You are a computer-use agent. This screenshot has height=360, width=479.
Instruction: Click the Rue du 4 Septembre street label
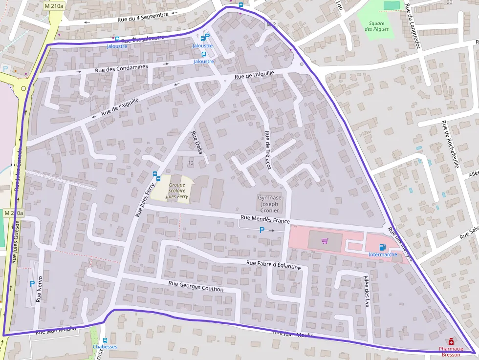[143, 17]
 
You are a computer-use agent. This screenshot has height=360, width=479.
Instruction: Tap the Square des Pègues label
[377, 26]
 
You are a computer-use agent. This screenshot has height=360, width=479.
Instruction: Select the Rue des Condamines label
[121, 68]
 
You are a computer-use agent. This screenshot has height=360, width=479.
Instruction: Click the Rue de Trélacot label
[267, 150]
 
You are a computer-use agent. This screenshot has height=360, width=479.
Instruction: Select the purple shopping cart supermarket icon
[325, 241]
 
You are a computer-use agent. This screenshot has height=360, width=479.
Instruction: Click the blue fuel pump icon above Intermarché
[382, 247]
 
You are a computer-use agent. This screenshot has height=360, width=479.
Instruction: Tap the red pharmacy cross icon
[450, 342]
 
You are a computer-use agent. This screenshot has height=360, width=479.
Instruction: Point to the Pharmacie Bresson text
[451, 352]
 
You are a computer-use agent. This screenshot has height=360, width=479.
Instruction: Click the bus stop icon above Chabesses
[105, 340]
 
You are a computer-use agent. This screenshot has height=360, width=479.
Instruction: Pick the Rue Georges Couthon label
[196, 286]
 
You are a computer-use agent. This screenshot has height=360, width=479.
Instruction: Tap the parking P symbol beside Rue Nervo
[32, 283]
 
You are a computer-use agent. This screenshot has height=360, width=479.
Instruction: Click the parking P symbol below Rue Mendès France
[261, 230]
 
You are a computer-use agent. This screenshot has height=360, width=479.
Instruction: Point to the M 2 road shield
[271, 24]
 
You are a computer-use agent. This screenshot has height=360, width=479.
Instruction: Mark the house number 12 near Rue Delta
[190, 162]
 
